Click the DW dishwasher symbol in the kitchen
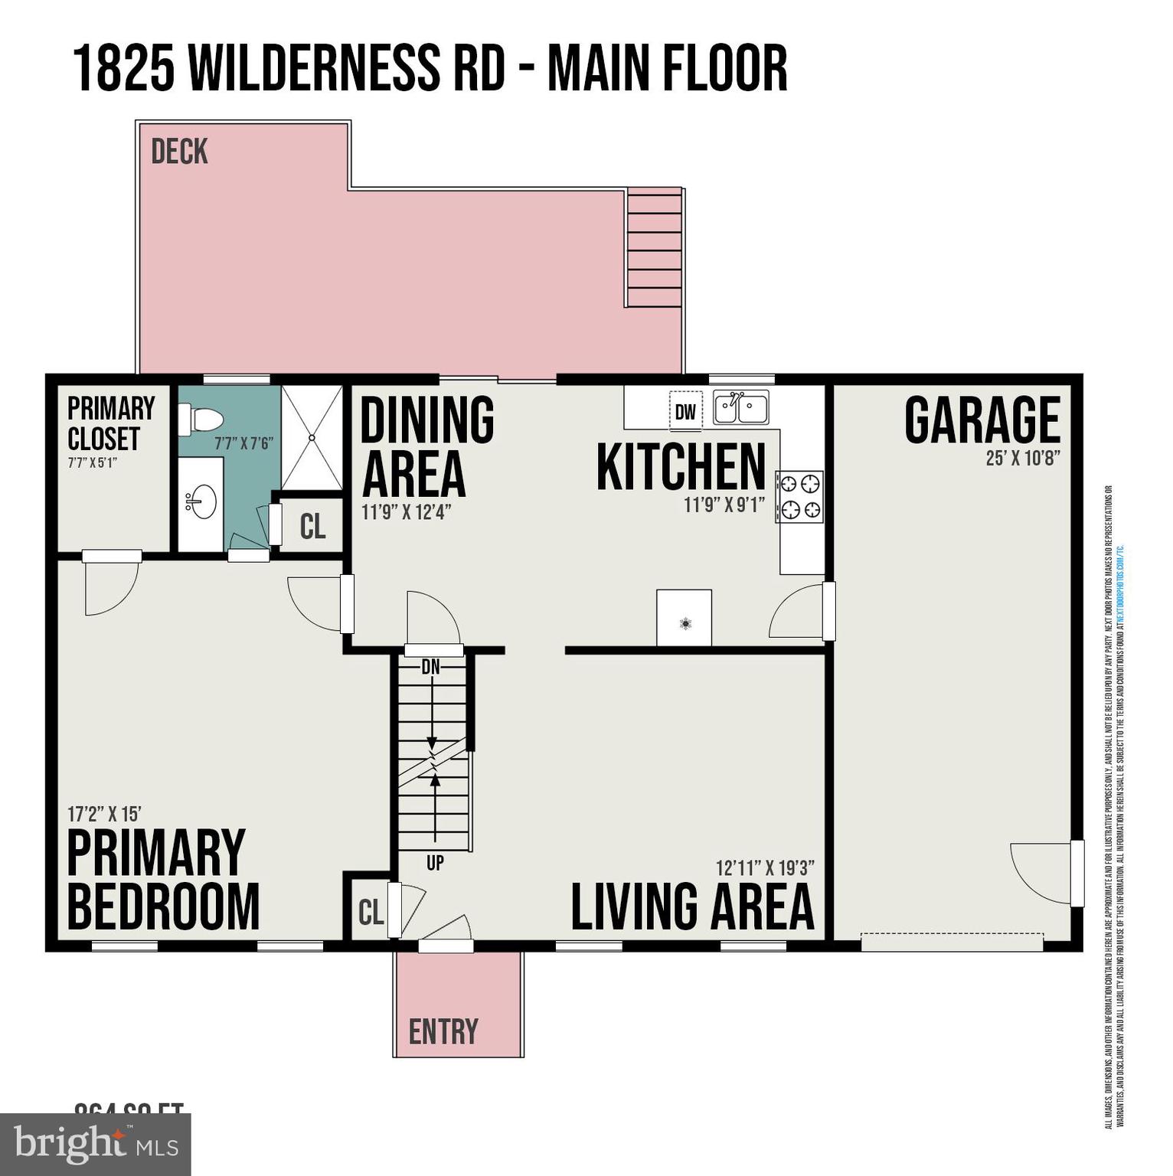[685, 412]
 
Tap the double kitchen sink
[740, 407]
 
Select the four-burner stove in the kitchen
[800, 497]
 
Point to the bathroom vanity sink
[201, 502]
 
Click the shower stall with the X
[312, 438]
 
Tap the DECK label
[179, 152]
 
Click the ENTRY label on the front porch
[443, 1032]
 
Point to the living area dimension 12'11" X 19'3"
[764, 868]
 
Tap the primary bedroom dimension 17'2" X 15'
[104, 814]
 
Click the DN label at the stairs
[431, 667]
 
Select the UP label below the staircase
[435, 863]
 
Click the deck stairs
[655, 249]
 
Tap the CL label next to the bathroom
[312, 526]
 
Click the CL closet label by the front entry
[371, 912]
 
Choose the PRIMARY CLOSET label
[111, 423]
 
